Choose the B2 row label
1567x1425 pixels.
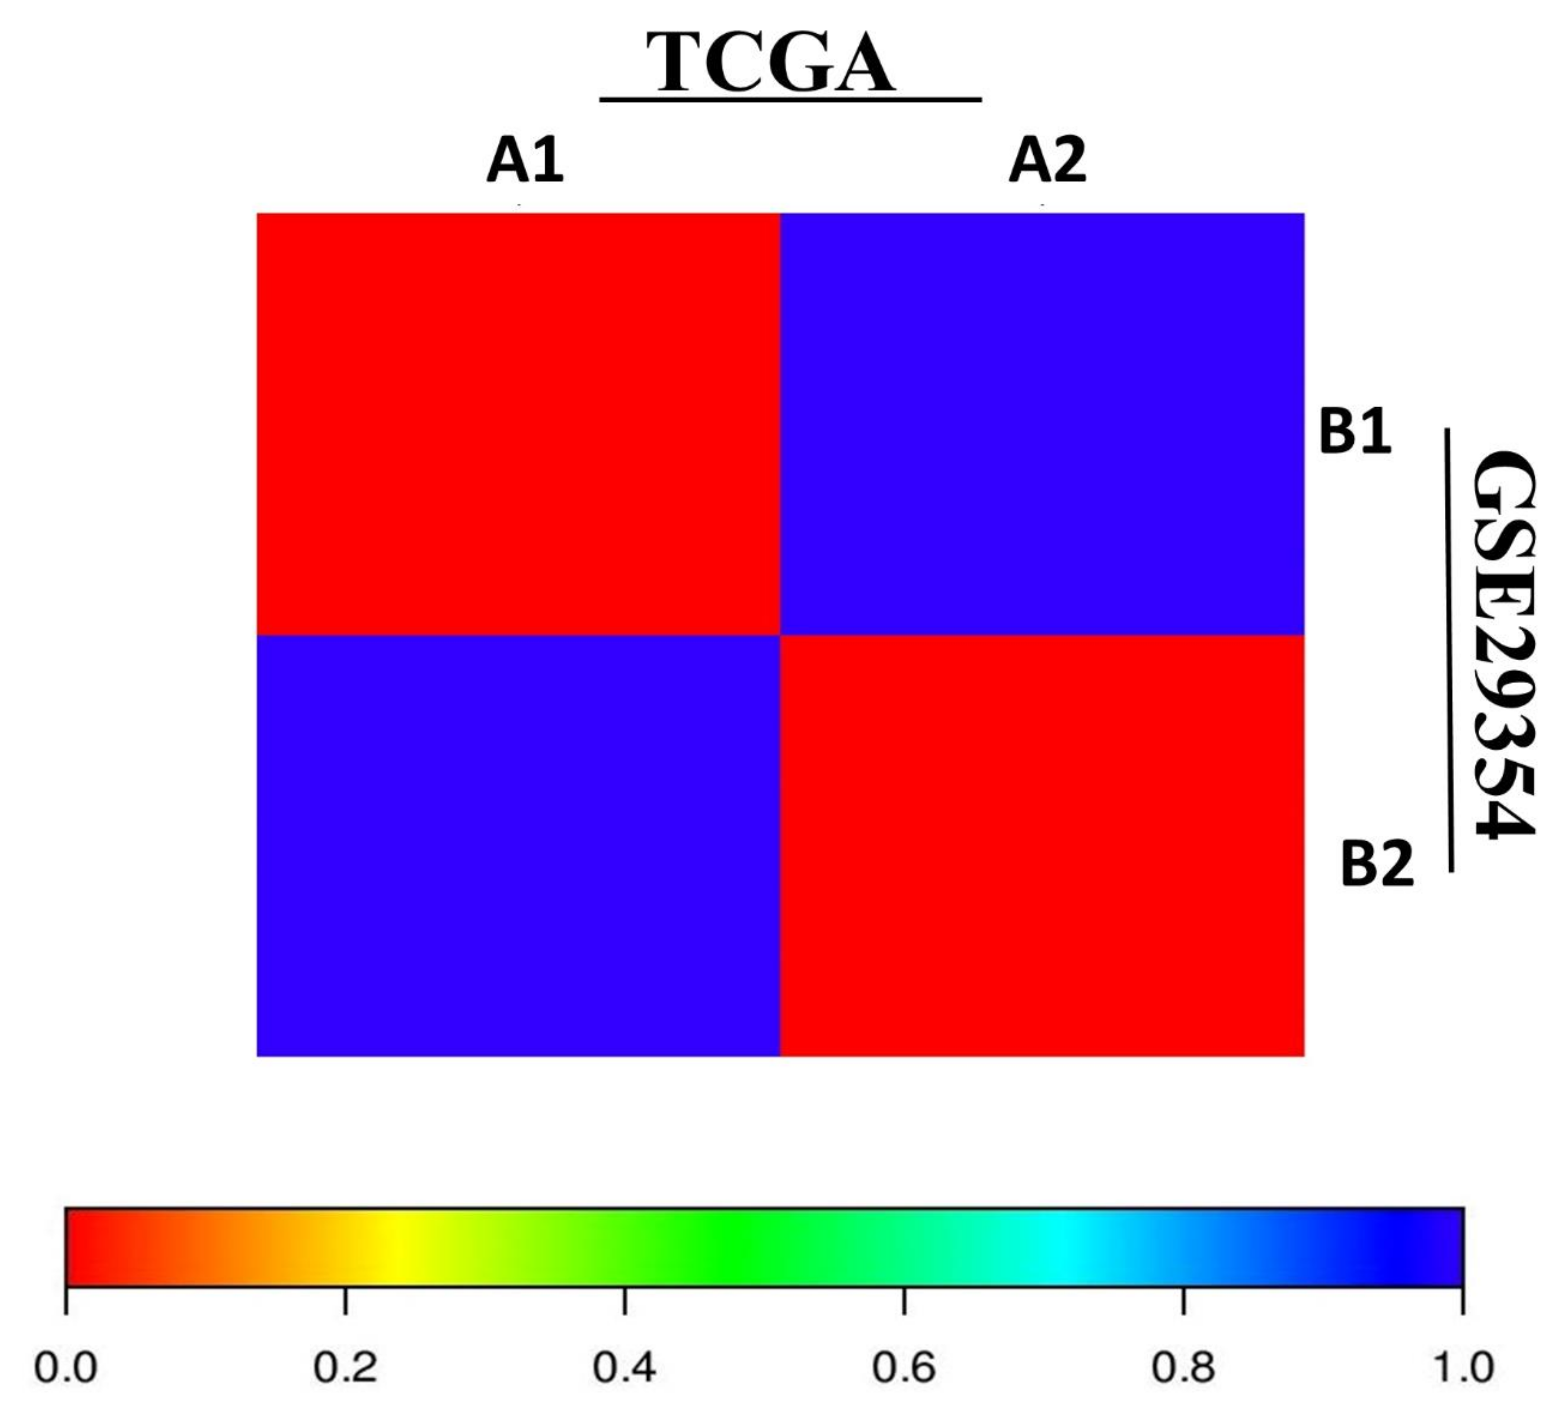(x=1377, y=865)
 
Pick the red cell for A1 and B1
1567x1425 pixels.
(x=518, y=424)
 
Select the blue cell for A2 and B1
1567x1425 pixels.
(x=1042, y=424)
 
